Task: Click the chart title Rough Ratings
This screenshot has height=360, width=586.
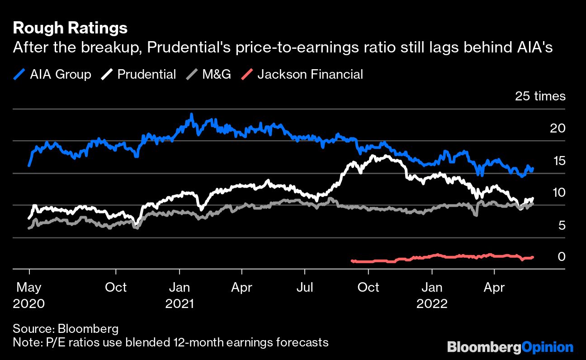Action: (x=70, y=28)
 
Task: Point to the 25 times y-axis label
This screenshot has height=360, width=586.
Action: (x=540, y=96)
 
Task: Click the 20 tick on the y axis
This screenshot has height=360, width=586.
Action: (x=558, y=128)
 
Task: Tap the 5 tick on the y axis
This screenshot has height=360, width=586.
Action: (x=561, y=225)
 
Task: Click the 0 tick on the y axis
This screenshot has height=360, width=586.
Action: (x=561, y=256)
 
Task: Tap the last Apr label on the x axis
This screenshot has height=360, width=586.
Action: (x=494, y=287)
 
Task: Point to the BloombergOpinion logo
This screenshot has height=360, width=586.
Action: (x=510, y=347)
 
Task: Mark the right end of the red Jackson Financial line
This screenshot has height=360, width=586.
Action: (x=534, y=257)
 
